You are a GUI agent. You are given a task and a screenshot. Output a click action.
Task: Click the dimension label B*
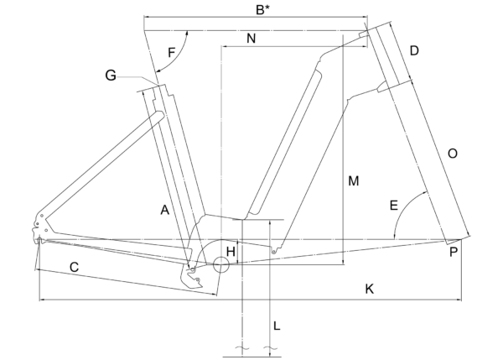pyautogui.click(x=262, y=9)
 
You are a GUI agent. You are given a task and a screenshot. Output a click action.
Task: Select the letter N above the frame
pyautogui.click(x=251, y=39)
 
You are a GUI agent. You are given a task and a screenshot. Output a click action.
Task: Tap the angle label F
pyautogui.click(x=172, y=52)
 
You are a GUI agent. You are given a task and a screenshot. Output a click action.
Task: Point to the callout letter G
pyautogui.click(x=111, y=76)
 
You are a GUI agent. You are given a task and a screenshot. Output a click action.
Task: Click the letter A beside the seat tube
pyautogui.click(x=164, y=211)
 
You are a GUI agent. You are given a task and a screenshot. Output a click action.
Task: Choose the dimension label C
pyautogui.click(x=74, y=267)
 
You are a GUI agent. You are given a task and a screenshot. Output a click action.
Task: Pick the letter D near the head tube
pyautogui.click(x=414, y=50)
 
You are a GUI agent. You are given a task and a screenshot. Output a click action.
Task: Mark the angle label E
pyautogui.click(x=394, y=206)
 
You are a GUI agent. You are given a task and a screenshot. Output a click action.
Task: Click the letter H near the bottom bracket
pyautogui.click(x=231, y=252)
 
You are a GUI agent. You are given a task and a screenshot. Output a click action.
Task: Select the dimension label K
pyautogui.click(x=369, y=289)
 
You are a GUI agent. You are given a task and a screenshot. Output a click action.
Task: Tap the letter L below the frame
pyautogui.click(x=277, y=326)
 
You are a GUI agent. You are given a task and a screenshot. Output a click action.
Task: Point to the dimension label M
pyautogui.click(x=353, y=181)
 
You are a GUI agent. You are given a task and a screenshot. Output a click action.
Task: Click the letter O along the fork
pyautogui.click(x=453, y=154)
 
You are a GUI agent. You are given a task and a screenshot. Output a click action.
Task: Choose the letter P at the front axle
pyautogui.click(x=453, y=252)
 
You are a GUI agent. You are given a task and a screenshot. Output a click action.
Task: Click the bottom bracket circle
pyautogui.click(x=221, y=264)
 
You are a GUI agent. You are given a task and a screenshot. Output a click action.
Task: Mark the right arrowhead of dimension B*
pyautogui.click(x=364, y=17)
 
